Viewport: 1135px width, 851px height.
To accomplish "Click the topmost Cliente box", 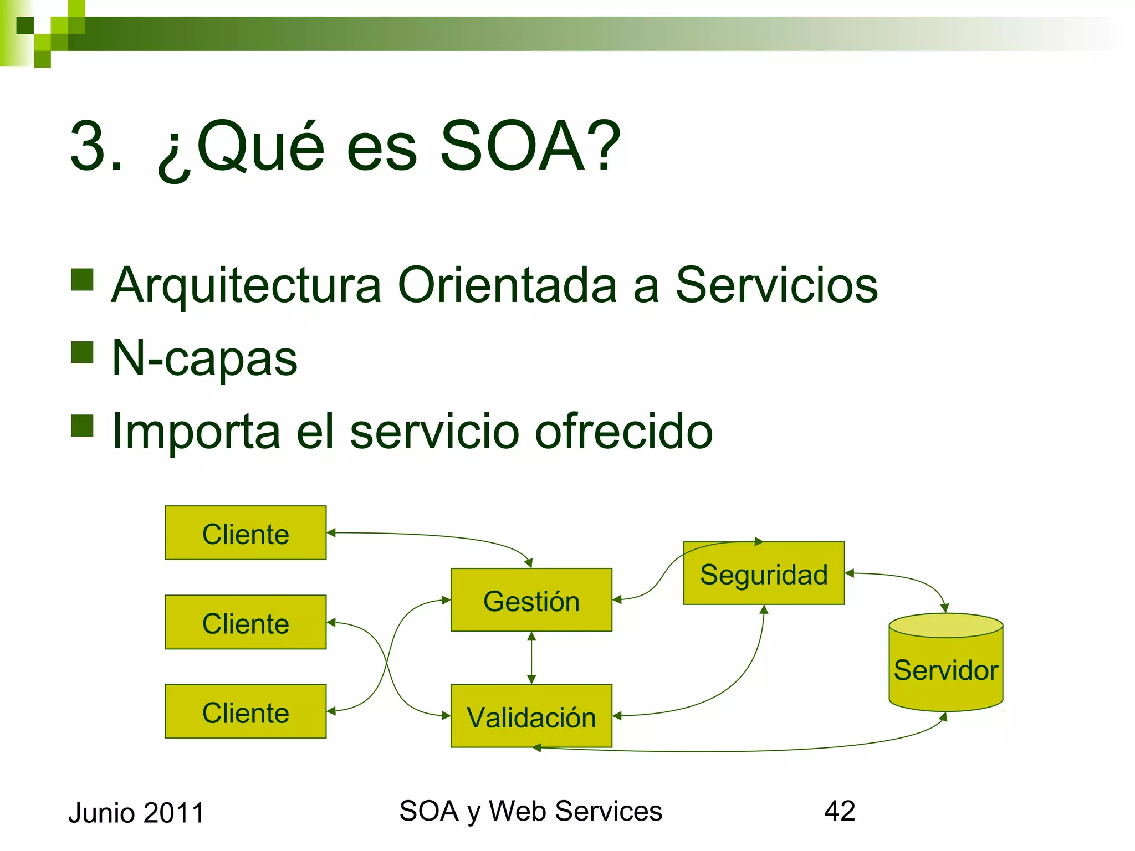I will coord(246,533).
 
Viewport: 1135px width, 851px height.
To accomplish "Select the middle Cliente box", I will coord(246,622).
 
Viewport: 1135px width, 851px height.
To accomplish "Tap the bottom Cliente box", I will coord(246,711).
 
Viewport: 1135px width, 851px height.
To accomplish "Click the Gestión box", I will coord(531,600).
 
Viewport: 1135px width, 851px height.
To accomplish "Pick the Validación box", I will coord(531,716).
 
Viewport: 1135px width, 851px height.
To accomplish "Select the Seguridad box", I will coord(764,573).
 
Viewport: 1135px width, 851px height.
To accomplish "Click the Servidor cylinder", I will coord(945,669).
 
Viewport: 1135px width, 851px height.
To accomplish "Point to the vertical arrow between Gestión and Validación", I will coord(531,658).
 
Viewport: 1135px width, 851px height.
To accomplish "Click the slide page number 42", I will coord(840,811).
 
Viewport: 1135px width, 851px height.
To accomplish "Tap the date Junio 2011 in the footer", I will coord(136,813).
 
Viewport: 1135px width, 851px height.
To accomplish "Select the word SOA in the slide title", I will coord(513,147).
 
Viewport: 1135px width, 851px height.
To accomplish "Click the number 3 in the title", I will coord(89,147).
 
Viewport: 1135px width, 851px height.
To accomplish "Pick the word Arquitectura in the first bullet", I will coord(246,286).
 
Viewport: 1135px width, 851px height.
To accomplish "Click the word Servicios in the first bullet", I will coord(776,285).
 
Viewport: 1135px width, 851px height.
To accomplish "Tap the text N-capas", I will coord(204,358).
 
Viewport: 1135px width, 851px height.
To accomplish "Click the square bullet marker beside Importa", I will coord(82,425).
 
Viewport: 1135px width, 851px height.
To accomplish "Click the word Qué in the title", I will coord(260,147).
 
